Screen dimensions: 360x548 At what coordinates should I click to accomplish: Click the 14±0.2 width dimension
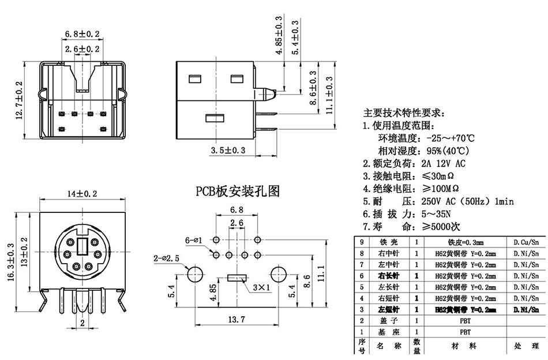click(x=82, y=194)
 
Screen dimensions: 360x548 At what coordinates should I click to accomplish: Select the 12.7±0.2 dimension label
click(x=19, y=101)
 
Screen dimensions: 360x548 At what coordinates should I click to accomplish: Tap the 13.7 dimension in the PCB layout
click(x=237, y=319)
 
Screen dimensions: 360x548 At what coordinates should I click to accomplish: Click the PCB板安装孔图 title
click(x=237, y=191)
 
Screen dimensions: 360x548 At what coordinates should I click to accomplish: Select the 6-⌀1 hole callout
click(x=194, y=239)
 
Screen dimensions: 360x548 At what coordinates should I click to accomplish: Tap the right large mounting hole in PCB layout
click(x=280, y=273)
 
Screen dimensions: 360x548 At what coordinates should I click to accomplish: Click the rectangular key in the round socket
click(x=82, y=247)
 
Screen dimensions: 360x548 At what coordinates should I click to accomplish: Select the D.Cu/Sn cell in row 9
click(x=526, y=242)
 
